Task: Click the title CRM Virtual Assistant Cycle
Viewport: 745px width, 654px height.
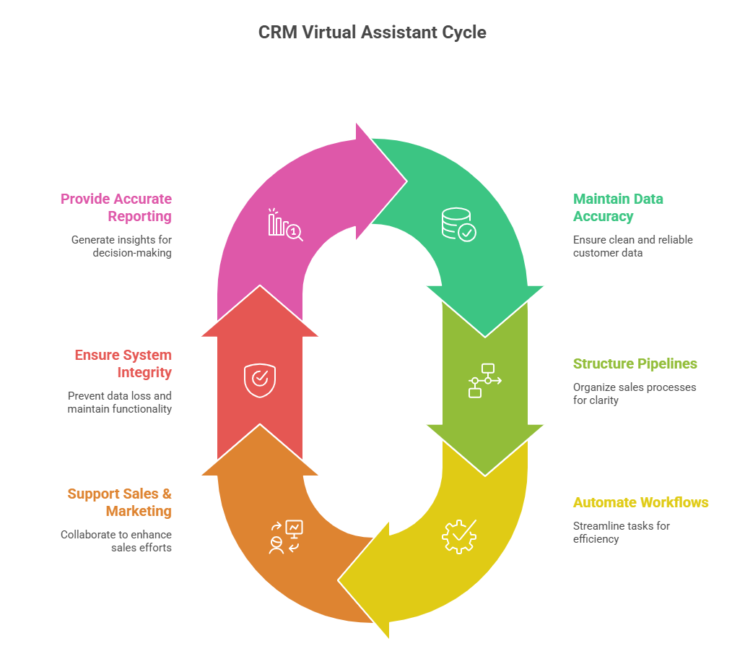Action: click(372, 33)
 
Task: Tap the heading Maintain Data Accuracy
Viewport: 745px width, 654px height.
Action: click(618, 207)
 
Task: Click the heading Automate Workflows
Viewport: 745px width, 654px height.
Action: click(640, 502)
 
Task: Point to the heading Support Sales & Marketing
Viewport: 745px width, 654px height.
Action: click(120, 502)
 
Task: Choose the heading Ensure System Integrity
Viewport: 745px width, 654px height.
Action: click(123, 363)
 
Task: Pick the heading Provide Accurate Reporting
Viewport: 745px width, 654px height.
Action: click(116, 207)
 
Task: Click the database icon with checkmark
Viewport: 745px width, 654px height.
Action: click(458, 224)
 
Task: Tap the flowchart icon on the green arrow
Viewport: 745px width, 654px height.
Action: click(484, 381)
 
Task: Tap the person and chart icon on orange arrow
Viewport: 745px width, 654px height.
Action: click(285, 537)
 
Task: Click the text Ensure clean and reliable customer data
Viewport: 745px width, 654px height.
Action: click(632, 246)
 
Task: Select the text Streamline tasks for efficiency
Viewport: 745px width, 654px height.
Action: click(621, 532)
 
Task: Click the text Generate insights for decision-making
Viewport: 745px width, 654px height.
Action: click(121, 246)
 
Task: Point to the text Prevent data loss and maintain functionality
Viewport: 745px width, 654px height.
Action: click(120, 402)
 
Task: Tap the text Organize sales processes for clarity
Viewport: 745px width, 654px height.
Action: click(635, 393)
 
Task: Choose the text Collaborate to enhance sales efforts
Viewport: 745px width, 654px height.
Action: click(116, 541)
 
